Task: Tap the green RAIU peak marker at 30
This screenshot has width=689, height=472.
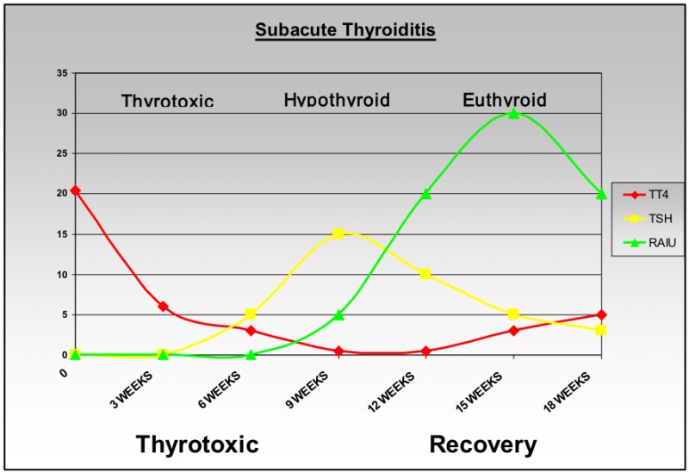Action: click(x=513, y=114)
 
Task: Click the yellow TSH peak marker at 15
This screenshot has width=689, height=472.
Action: click(x=338, y=233)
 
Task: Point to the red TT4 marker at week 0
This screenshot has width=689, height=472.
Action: click(x=76, y=190)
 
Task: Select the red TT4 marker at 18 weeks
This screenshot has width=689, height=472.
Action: click(x=601, y=314)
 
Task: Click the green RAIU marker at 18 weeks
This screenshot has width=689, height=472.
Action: click(x=601, y=194)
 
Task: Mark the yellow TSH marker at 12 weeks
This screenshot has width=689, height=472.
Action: click(x=425, y=274)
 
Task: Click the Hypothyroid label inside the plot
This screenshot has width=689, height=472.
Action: click(x=337, y=100)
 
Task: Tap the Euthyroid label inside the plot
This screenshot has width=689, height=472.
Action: click(x=505, y=100)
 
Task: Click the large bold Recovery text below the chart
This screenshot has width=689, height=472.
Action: click(x=482, y=444)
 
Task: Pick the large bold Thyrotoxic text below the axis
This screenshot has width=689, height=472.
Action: click(x=197, y=444)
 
